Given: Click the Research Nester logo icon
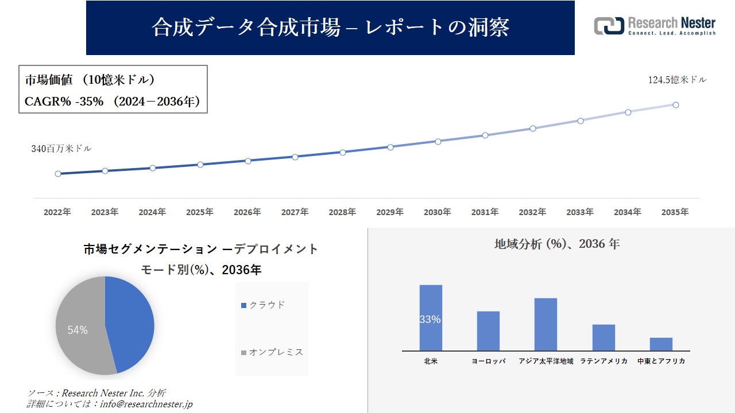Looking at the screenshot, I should point(609,26).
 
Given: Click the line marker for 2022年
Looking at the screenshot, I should point(58,174).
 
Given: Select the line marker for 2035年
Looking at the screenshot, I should point(676,105).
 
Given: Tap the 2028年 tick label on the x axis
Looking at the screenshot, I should point(342,212).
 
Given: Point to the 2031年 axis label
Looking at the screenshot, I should point(485,212).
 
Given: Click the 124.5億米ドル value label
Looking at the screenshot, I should point(677,80).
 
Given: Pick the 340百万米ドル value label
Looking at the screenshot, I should point(61,149).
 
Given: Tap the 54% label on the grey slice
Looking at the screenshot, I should point(78,330).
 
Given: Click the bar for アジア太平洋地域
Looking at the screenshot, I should point(546,324).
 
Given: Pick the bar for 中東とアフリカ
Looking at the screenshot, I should point(661,344).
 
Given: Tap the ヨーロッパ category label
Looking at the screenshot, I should point(488,361).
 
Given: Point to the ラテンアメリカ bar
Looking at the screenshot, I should point(604,337).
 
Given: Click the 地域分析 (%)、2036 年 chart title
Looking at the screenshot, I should point(556,244).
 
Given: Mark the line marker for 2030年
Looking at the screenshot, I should point(438,141).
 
